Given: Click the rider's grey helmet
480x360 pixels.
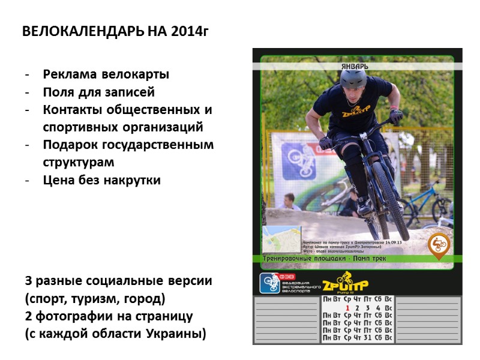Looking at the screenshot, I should pyautogui.click(x=353, y=79).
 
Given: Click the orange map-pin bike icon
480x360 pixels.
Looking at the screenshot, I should pyautogui.click(x=439, y=245).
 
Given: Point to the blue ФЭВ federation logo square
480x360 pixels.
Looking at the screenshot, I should pyautogui.click(x=269, y=283).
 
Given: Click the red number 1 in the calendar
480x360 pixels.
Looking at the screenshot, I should pyautogui.click(x=347, y=308).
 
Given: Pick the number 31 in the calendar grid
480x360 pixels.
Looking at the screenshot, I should pyautogui.click(x=368, y=338).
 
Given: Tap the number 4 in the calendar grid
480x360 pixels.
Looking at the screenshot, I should pyautogui.click(x=378, y=308).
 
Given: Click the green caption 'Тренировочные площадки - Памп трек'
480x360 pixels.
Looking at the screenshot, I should pyautogui.click(x=324, y=259).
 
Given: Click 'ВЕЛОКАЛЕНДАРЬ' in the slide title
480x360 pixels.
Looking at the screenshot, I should pyautogui.click(x=83, y=31).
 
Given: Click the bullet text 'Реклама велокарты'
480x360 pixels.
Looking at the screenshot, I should pyautogui.click(x=106, y=75).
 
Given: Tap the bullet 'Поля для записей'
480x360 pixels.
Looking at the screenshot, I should pyautogui.click(x=98, y=92).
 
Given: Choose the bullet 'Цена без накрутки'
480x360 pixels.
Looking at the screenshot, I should pyautogui.click(x=101, y=180).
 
